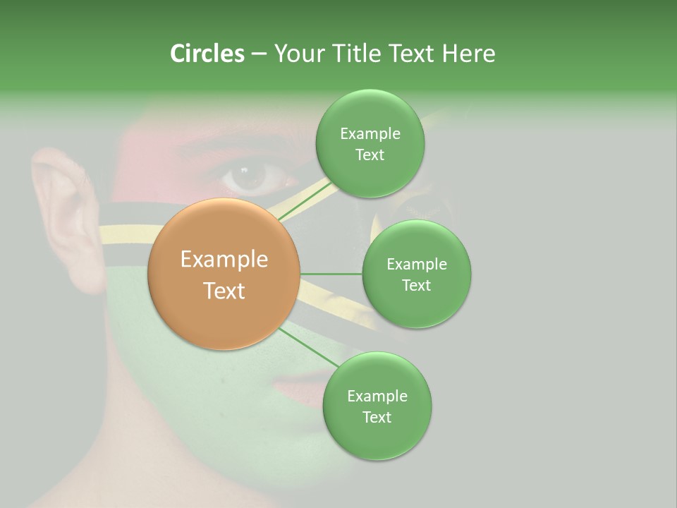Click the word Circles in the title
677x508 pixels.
[x=207, y=54]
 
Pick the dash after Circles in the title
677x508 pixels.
[x=258, y=54]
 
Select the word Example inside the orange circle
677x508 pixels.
[x=224, y=260]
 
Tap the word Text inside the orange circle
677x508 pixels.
[x=224, y=291]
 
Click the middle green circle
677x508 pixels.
[x=416, y=303]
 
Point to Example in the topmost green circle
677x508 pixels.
[x=370, y=134]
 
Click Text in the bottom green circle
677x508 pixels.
[x=377, y=417]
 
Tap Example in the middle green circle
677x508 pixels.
[x=416, y=265]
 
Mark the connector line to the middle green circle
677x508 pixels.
[x=331, y=274]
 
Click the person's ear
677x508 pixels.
[x=63, y=212]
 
